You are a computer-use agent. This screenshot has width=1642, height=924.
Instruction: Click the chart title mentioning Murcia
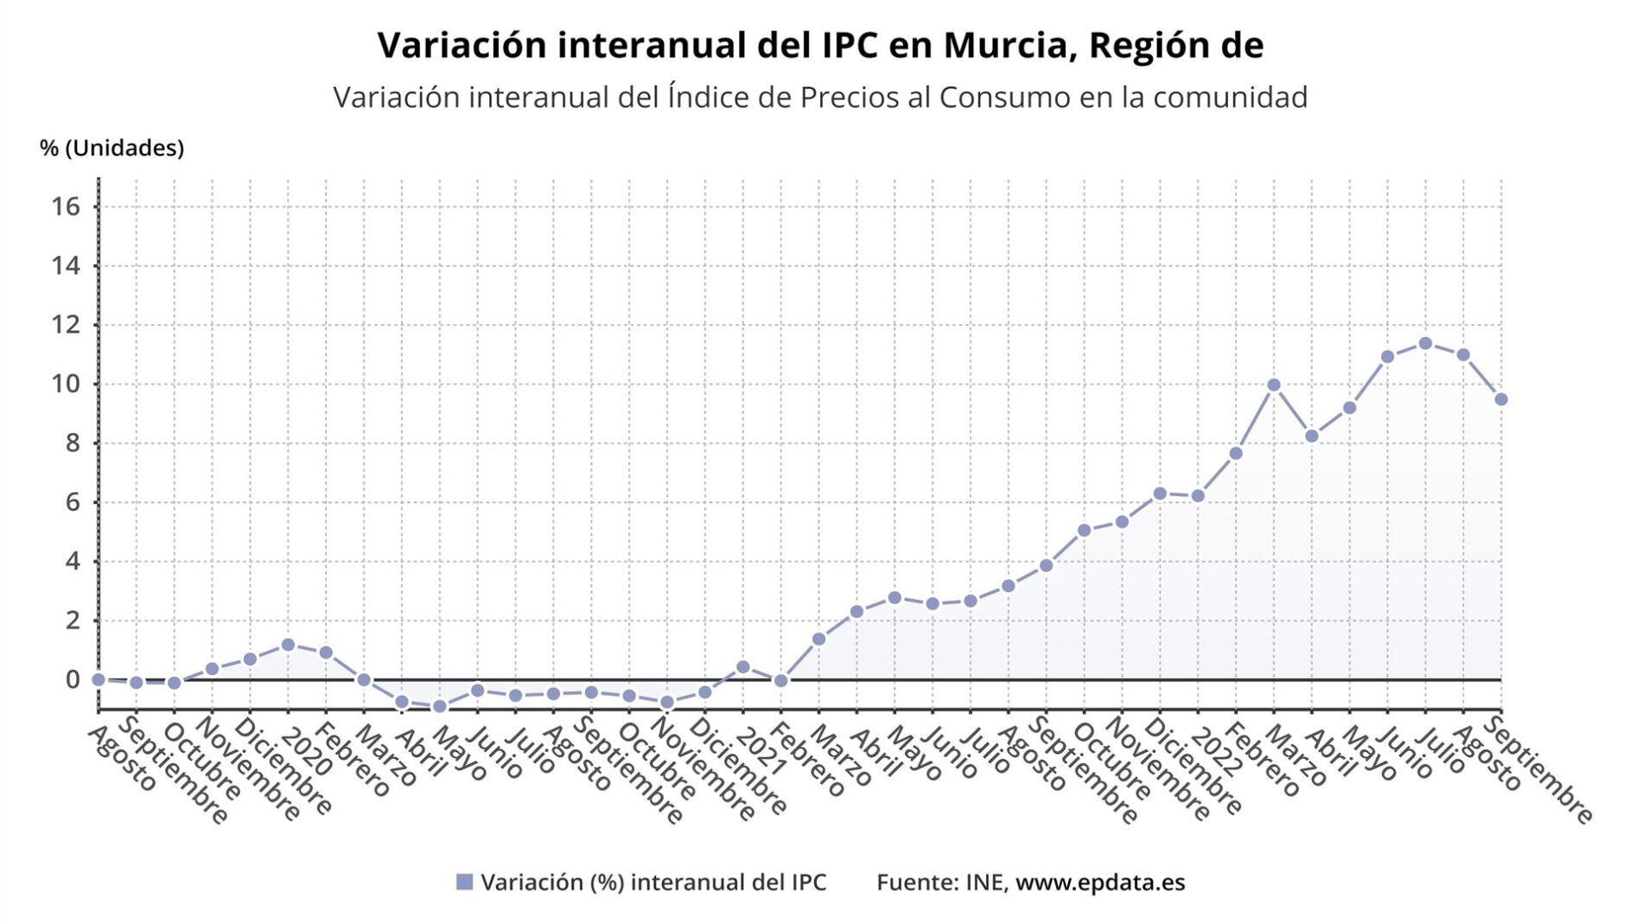tap(820, 46)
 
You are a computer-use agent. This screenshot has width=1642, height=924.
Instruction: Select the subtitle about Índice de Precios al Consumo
tap(820, 98)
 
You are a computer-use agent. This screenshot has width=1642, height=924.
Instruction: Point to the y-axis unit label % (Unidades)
tap(111, 149)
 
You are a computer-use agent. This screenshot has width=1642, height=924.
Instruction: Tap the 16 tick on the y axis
tap(66, 207)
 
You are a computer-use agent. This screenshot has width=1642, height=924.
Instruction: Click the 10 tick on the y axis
tap(66, 384)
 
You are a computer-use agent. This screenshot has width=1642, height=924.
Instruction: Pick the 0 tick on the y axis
tap(73, 680)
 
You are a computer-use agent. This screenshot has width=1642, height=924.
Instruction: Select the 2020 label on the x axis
tap(306, 751)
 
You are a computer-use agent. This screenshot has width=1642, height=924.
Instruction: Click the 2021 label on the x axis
tap(761, 751)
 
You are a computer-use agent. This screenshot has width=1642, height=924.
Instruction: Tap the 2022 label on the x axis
tap(1216, 751)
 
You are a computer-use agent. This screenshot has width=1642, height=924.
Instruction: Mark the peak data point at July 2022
tap(1425, 343)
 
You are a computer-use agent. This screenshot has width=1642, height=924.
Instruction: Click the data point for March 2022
tap(1273, 385)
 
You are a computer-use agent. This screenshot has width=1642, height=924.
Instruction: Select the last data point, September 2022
tap(1501, 399)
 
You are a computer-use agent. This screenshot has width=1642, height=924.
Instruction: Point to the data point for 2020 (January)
tap(288, 645)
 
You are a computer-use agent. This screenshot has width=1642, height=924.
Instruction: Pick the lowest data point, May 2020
tap(439, 706)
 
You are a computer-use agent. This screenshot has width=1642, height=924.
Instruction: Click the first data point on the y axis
tap(99, 679)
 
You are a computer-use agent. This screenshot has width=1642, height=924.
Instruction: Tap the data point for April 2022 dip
tap(1311, 437)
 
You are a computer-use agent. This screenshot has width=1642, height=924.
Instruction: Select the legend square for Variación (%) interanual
tap(464, 882)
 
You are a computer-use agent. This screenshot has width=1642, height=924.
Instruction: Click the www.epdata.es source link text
tap(1099, 882)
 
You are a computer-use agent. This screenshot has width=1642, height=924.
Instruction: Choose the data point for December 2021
tap(1160, 494)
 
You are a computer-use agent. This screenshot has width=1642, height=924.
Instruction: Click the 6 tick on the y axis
tap(73, 502)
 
